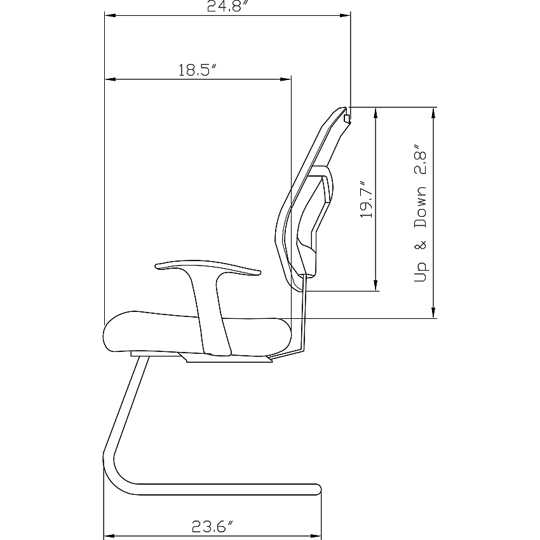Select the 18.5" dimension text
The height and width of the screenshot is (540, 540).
pos(198,70)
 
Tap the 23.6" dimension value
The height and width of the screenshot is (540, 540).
pos(212,526)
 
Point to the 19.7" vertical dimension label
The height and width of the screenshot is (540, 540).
pos(367,199)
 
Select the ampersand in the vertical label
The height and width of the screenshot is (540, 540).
pos(420,245)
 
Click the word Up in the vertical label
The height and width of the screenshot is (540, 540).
pos(420,272)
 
